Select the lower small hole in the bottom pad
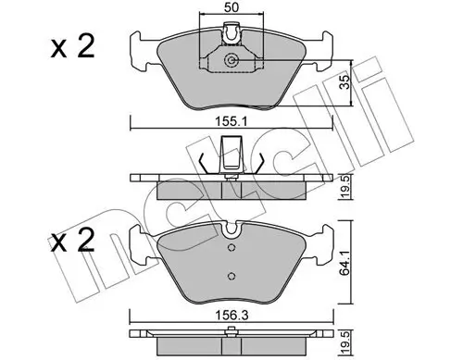coord(230,275)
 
